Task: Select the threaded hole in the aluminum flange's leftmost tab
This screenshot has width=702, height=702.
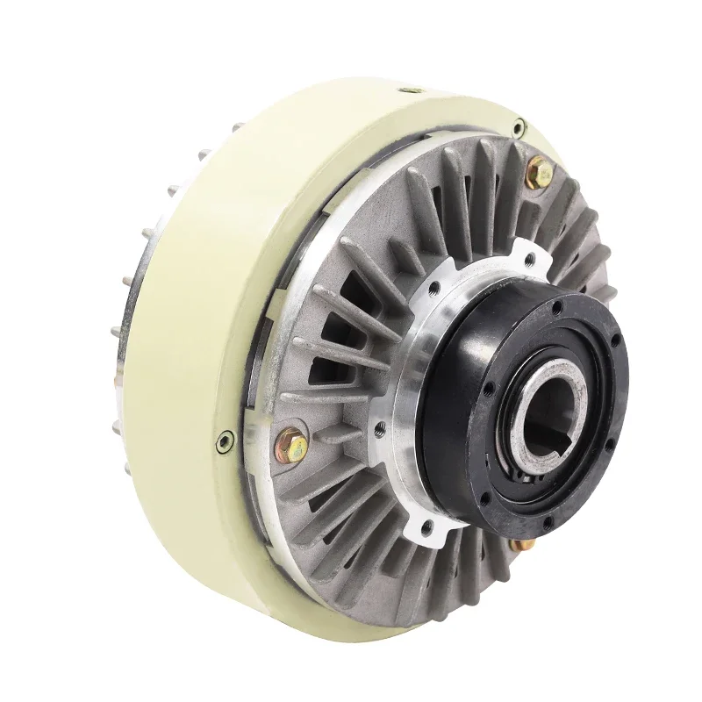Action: pyautogui.click(x=379, y=428)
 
